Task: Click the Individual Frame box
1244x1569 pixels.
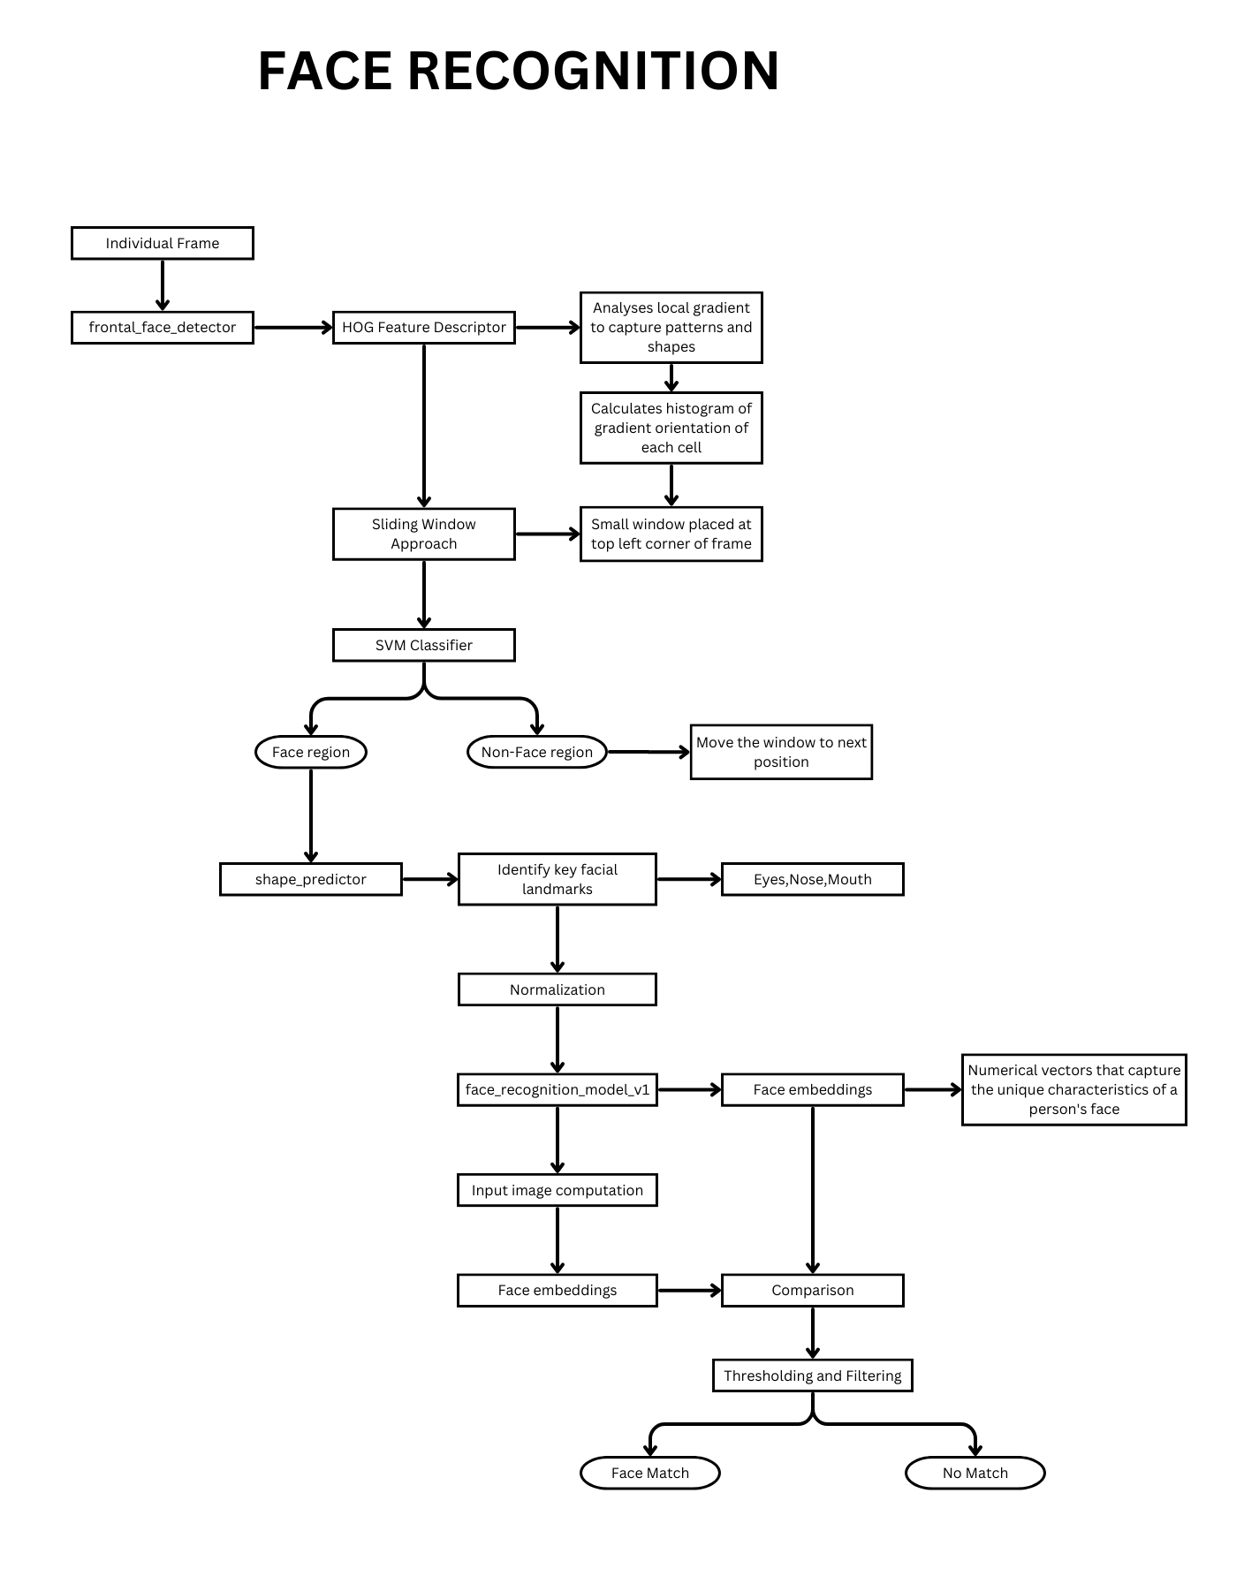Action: (x=162, y=243)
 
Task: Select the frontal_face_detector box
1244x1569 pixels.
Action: (x=162, y=328)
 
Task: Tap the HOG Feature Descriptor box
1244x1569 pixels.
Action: (x=423, y=328)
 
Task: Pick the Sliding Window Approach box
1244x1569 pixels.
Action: (x=423, y=534)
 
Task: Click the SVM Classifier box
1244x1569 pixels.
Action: (x=423, y=645)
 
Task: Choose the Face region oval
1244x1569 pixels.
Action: (x=310, y=752)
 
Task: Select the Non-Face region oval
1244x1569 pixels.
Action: (x=536, y=752)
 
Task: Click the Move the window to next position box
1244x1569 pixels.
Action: (x=781, y=752)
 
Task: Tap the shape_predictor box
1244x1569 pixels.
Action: (x=310, y=879)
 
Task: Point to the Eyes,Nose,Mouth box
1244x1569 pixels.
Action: (x=812, y=879)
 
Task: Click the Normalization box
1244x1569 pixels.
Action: (x=557, y=989)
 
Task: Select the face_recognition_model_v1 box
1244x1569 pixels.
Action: (x=557, y=1089)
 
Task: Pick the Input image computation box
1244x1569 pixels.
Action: (x=557, y=1190)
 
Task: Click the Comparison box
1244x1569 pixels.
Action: (x=812, y=1290)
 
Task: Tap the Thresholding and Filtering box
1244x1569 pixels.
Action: (x=812, y=1376)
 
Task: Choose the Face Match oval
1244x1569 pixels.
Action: (x=649, y=1473)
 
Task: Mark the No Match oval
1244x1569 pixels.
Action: (x=975, y=1473)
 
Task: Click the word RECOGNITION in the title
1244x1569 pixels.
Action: (x=593, y=71)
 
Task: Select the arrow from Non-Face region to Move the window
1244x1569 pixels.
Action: (x=649, y=752)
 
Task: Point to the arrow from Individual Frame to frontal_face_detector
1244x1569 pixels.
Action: (x=162, y=285)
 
